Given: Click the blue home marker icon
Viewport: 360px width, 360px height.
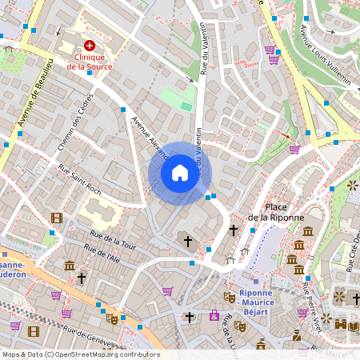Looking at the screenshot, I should tap(180, 173).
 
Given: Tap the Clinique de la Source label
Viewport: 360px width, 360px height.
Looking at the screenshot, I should tap(89, 62).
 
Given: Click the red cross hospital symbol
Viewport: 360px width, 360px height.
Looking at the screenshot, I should tap(90, 47).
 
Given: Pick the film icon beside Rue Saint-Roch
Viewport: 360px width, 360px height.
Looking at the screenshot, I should tap(56, 218).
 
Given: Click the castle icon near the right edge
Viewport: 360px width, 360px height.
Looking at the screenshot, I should tap(342, 324).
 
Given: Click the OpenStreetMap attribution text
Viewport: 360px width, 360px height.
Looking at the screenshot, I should tap(80, 354).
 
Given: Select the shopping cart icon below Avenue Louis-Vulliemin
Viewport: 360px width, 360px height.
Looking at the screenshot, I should tap(294, 149).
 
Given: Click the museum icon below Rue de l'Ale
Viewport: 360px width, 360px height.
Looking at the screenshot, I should tap(70, 266).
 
